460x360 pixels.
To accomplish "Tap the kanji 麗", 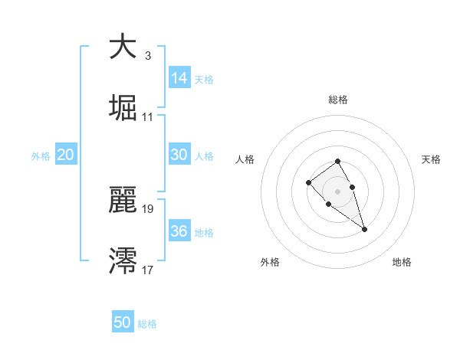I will click(x=123, y=199).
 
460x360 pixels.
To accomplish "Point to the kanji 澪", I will click(x=123, y=260).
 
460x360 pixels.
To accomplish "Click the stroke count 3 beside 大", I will click(x=147, y=55).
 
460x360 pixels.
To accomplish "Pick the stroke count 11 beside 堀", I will click(x=147, y=116).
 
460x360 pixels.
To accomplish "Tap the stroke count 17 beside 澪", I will click(x=147, y=270).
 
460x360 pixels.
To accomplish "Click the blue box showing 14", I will click(x=179, y=77).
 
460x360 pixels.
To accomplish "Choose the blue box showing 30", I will click(x=179, y=154).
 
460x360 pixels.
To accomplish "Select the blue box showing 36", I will click(x=179, y=231).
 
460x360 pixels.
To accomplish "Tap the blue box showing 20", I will click(x=65, y=155).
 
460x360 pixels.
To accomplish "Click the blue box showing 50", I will click(x=123, y=322).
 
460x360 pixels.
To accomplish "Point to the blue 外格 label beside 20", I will click(x=41, y=156).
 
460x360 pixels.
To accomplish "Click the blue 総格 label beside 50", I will click(x=147, y=324).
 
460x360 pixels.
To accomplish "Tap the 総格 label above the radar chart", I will click(x=338, y=100).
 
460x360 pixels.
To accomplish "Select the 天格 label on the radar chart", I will click(x=431, y=159).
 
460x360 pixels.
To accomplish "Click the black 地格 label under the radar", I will click(x=402, y=262).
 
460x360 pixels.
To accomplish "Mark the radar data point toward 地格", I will click(x=364, y=229).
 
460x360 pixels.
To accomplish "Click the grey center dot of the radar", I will click(x=337, y=191).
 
